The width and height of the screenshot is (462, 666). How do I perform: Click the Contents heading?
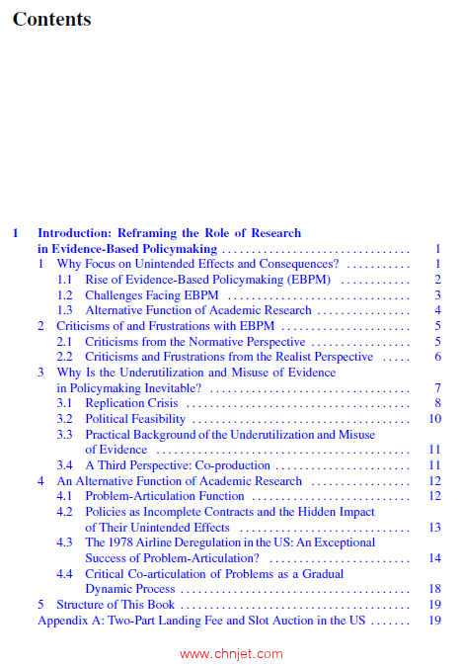(51, 19)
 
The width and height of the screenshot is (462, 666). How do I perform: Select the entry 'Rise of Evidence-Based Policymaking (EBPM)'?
(207, 280)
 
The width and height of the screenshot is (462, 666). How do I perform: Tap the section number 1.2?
(64, 294)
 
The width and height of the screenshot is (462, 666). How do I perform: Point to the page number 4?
(436, 310)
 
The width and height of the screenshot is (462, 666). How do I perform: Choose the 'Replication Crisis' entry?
(130, 403)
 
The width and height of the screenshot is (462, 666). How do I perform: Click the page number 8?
(436, 403)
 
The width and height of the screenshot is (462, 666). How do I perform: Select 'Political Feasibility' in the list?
(135, 419)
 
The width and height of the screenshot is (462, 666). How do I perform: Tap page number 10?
(434, 419)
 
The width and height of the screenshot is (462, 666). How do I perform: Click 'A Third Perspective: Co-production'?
(178, 465)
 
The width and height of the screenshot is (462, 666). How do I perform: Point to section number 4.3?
(64, 542)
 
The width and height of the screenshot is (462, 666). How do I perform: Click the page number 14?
(434, 558)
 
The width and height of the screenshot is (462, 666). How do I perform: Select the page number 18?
(434, 589)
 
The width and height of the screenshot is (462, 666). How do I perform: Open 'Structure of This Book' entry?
(115, 605)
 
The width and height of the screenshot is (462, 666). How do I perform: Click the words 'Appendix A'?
(66, 620)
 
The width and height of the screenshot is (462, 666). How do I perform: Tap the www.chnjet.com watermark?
(231, 653)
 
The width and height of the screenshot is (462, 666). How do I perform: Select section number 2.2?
(64, 357)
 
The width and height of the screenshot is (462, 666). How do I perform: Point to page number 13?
(434, 528)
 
